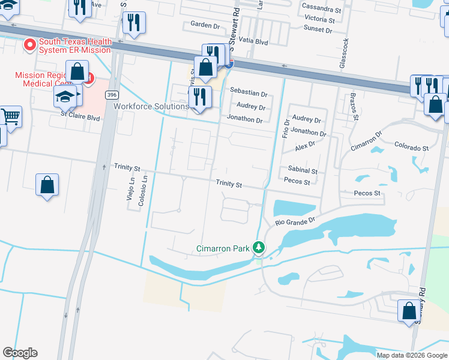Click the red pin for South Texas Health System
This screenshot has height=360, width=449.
(29, 45)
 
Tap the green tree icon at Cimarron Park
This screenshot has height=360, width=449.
(259, 247)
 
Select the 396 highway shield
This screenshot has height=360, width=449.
(111, 95)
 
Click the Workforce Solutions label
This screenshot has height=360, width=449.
(151, 106)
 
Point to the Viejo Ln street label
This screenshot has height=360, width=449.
(131, 192)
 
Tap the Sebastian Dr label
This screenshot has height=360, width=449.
(248, 93)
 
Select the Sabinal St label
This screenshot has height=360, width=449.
(302, 170)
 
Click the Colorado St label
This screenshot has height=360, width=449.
(411, 147)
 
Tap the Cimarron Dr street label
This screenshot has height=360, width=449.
(367, 143)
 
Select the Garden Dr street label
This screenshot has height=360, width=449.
(205, 25)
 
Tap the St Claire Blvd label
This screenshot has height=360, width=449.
(79, 112)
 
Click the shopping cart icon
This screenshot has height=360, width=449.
(10, 116)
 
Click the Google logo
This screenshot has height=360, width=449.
(20, 352)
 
